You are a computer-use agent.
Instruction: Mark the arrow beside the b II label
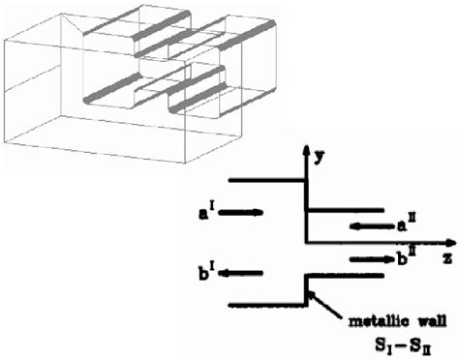[x=366, y=258]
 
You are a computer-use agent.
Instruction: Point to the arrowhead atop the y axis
[x=307, y=151]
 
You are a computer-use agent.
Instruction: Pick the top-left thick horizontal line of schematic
[x=266, y=179]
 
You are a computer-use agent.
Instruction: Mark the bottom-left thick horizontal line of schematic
[x=266, y=306]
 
